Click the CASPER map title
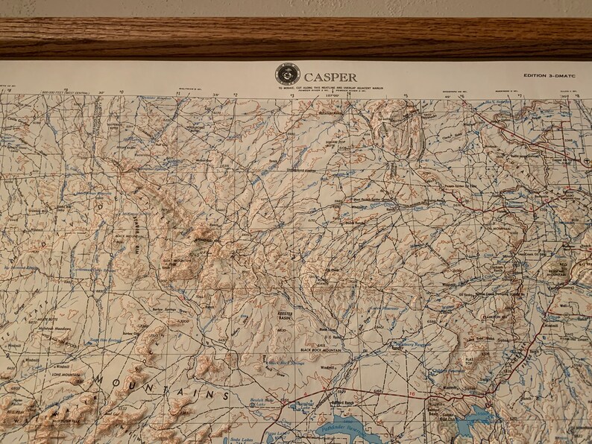click(330, 77)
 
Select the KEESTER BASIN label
click(286, 315)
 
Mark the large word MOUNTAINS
click(171, 388)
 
